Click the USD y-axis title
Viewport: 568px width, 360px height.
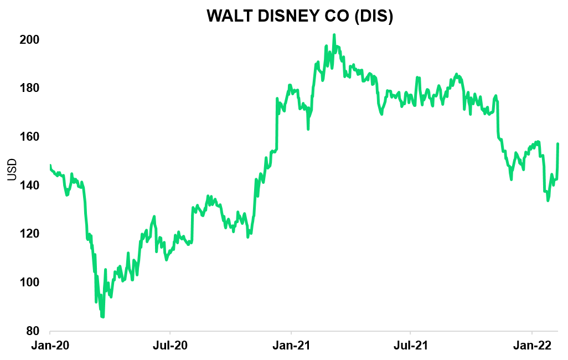12,169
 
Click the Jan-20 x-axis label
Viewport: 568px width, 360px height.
50,346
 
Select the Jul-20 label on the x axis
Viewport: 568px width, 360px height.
169,346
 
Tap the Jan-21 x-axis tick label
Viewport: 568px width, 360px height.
291,346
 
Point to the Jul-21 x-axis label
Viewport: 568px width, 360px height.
410,346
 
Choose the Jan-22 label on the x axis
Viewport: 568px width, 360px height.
532,346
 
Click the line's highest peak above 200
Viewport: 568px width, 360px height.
334,35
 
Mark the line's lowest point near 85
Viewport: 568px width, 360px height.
103,317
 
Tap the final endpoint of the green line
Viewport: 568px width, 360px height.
557,144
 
